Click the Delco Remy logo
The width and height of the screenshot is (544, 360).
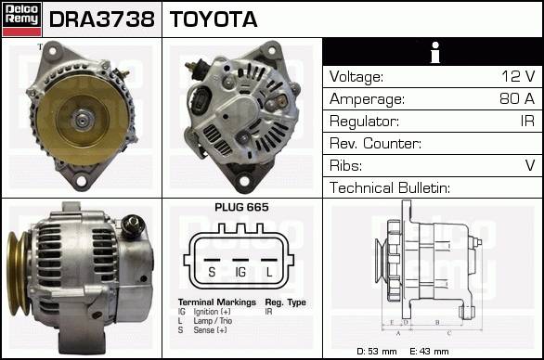coord(22,19)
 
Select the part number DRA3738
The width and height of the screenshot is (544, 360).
coord(102,19)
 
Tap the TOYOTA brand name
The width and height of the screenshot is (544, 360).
coord(214,19)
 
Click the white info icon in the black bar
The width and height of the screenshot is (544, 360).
coord(435,52)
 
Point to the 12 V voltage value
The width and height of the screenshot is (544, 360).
coord(518,76)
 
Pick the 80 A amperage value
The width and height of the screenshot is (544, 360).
coord(517,98)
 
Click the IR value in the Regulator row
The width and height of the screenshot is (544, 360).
coord(527,121)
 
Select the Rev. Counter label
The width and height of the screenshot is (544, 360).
coord(375,143)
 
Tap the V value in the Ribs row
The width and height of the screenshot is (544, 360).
coord(530,165)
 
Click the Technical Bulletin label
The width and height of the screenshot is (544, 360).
coord(390,187)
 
